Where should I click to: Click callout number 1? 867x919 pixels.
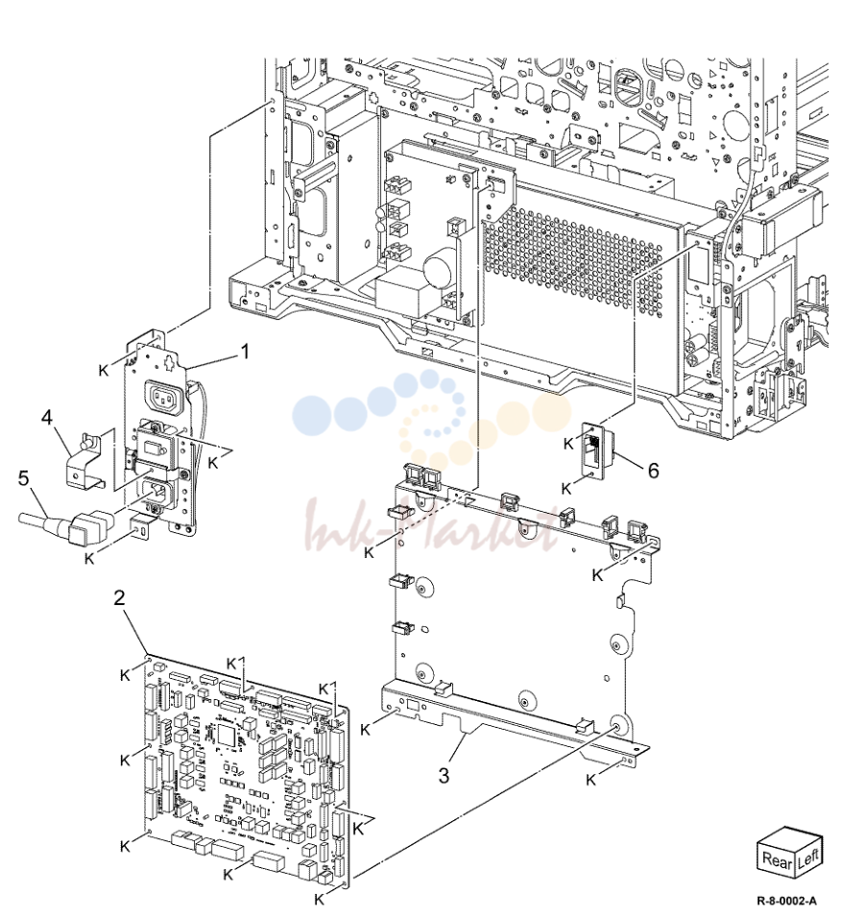245,351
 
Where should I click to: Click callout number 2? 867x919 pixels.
119,598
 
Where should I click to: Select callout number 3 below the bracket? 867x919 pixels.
444,775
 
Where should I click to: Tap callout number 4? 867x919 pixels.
47,418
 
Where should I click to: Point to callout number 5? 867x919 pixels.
23,478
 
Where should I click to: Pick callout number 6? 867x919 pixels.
653,470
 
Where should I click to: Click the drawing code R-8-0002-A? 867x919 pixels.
786,901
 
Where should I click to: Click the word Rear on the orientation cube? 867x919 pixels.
777,859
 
